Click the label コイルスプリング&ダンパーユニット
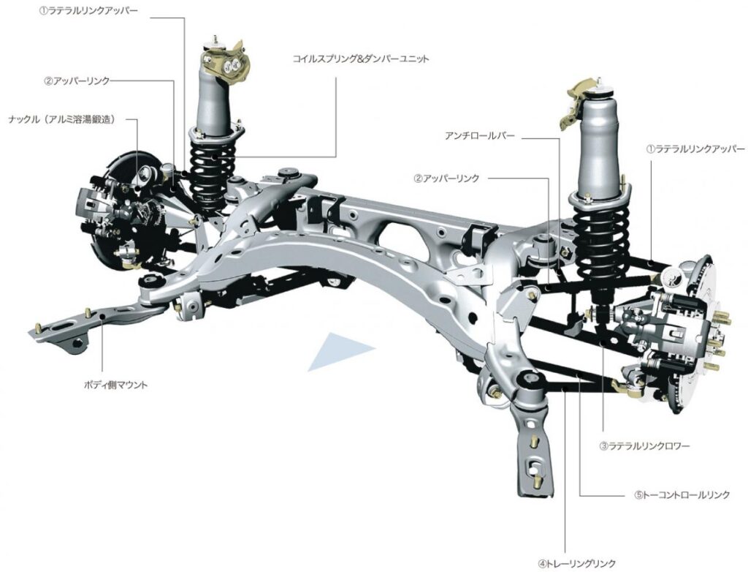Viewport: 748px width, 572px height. pos(361,59)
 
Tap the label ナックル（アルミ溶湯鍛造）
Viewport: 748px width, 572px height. pos(63,119)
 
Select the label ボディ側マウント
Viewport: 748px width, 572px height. pos(116,384)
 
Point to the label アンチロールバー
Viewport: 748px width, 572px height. pos(479,136)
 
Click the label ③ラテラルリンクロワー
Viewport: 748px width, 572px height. pos(644,446)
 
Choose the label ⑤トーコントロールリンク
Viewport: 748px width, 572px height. pos(682,494)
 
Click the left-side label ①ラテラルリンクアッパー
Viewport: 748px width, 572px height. pos(88,10)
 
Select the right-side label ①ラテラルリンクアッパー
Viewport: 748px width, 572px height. pos(695,149)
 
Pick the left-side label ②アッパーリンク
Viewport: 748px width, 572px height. pos(77,81)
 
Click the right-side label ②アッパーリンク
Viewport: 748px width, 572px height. pos(446,178)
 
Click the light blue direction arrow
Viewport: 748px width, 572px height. pos(340,351)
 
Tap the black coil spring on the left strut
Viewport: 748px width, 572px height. pos(213,172)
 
